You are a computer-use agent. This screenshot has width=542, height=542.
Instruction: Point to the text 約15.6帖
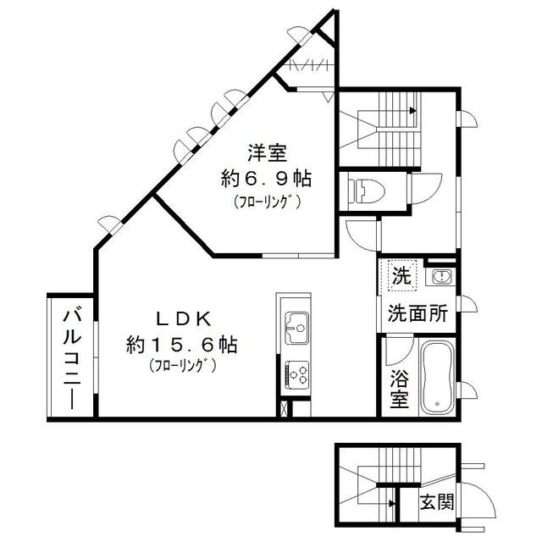182,345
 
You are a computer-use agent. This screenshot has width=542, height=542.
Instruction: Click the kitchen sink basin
296,324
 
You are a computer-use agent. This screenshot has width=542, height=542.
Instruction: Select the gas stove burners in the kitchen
296,373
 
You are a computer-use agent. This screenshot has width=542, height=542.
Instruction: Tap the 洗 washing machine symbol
401,275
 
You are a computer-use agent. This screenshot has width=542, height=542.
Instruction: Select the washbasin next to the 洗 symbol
440,276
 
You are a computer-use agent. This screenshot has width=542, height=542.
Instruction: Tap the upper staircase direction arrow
412,109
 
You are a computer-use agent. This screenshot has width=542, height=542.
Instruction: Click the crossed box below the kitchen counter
283,406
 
